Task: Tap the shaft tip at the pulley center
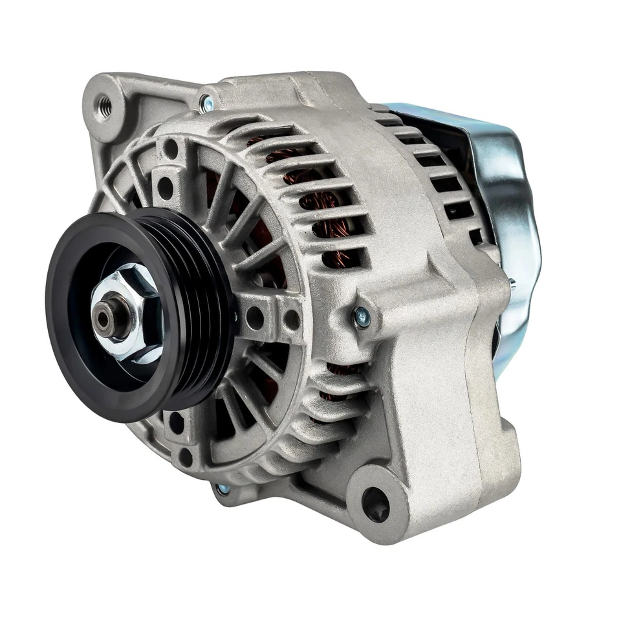pos(103,316)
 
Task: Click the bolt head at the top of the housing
pos(206,102)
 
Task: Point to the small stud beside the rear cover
pos(511,282)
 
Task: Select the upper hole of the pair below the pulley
pos(176,424)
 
